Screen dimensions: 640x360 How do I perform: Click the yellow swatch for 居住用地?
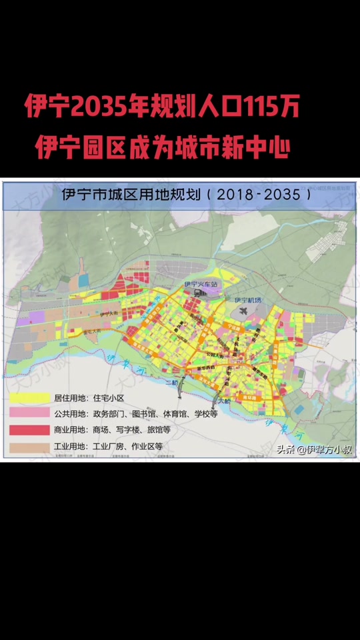pos(29,398)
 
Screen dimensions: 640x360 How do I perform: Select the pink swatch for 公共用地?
pos(29,414)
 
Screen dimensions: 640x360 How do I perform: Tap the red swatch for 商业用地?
pos(29,430)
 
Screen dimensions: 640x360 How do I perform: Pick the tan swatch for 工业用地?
pos(29,446)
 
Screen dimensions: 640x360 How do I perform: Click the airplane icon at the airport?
pos(241,310)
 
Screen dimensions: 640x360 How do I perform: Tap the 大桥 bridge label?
pos(223,401)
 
